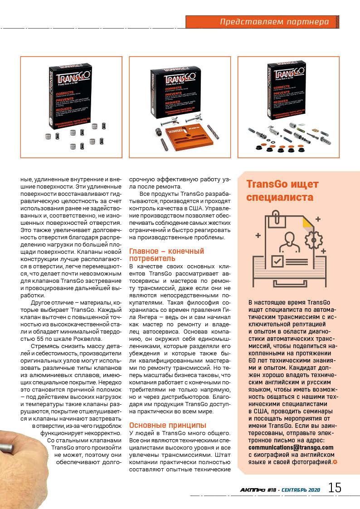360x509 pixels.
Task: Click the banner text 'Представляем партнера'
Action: point(278,22)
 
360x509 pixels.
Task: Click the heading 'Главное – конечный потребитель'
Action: point(166,254)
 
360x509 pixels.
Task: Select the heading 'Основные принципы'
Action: point(168,425)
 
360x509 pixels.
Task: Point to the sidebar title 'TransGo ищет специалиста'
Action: point(282,191)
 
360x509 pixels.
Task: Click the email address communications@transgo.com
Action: point(291,447)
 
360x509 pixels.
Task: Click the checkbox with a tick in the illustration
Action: point(277,261)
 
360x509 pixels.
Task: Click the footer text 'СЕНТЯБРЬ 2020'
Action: point(300,490)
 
